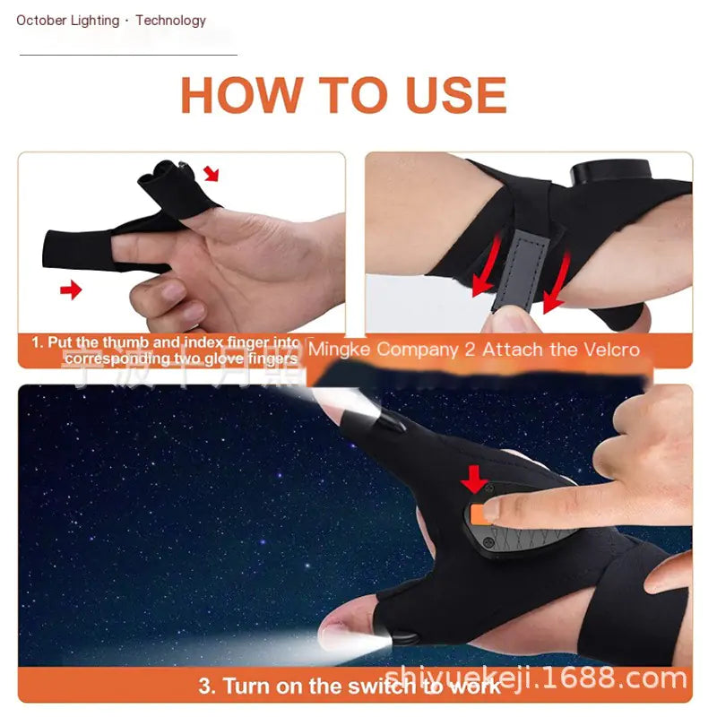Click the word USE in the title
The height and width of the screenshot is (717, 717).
pyautogui.click(x=453, y=95)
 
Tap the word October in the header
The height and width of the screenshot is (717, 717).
pyautogui.click(x=43, y=20)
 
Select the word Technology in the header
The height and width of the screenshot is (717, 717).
pyautogui.click(x=170, y=20)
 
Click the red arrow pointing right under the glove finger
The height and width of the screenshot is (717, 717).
pyautogui.click(x=70, y=289)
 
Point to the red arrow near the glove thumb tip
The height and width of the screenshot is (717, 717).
pyautogui.click(x=211, y=172)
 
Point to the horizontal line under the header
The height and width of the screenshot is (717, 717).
pyautogui.click(x=128, y=55)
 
